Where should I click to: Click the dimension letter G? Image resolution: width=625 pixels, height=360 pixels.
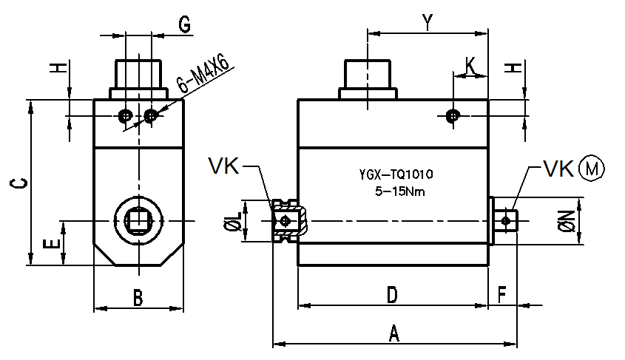(184, 24)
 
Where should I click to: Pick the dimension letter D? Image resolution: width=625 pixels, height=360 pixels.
(392, 295)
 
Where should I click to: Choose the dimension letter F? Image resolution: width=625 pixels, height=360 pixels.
(502, 295)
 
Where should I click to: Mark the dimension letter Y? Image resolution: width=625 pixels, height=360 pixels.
(427, 22)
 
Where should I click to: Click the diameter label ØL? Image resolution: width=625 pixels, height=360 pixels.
(232, 221)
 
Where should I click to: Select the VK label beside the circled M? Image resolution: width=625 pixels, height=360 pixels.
(559, 169)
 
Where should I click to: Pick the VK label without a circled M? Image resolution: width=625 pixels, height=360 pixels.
(223, 166)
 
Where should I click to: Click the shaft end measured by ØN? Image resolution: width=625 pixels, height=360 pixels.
(506, 220)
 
